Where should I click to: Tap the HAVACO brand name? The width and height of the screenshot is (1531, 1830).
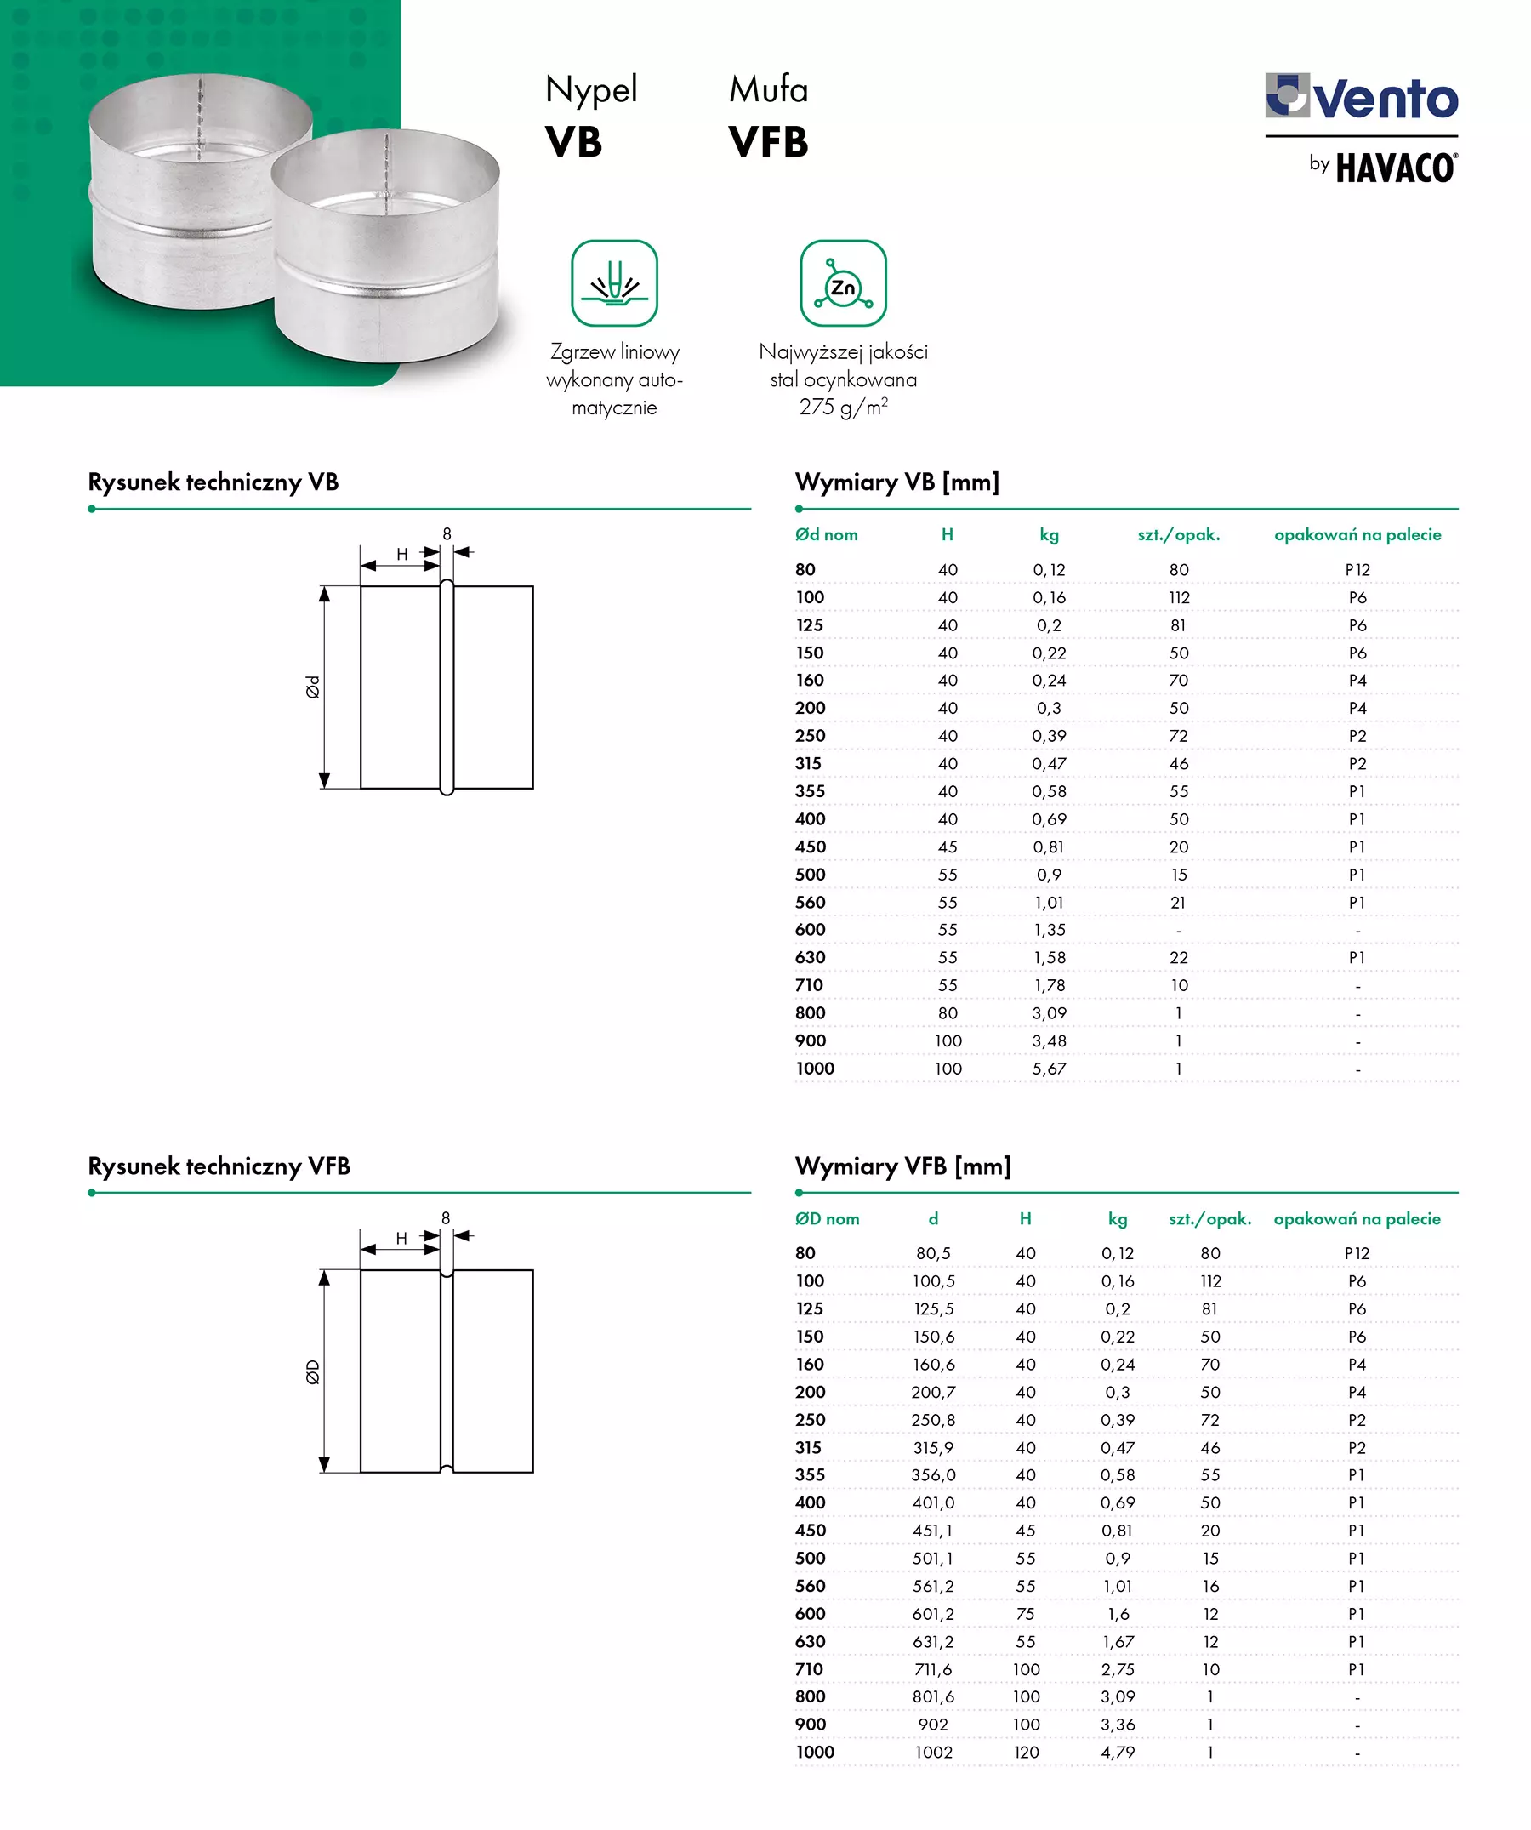pos(1396,168)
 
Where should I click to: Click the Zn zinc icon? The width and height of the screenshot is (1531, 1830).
pos(843,284)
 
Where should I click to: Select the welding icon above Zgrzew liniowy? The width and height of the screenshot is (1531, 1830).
pos(614,284)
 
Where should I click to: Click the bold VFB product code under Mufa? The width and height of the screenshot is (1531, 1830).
pos(769,143)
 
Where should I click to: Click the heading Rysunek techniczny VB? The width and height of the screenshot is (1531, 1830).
pos(213,482)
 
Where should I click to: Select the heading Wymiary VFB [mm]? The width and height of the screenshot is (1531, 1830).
pos(902,1166)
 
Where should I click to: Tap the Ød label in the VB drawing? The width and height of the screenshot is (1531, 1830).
pos(313,687)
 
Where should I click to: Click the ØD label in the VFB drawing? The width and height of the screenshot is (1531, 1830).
pos(313,1371)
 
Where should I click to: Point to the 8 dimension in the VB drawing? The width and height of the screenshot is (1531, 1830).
pos(447,533)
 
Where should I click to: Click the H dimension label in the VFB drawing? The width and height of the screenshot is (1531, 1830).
pos(401,1237)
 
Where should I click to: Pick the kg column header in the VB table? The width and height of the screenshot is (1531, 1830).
pos(1049,535)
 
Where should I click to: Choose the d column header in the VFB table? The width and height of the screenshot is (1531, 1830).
pos(933,1219)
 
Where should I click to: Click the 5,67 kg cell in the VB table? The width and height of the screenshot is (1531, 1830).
pos(1049,1069)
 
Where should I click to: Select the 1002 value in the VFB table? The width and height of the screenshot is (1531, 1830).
pos(933,1753)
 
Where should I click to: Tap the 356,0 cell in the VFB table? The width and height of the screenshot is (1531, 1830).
pos(933,1474)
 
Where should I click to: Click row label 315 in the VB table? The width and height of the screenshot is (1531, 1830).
pos(808,763)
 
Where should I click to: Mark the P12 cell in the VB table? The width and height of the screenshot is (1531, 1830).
pos(1357,570)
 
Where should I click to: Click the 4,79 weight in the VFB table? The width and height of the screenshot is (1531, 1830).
pos(1118,1753)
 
